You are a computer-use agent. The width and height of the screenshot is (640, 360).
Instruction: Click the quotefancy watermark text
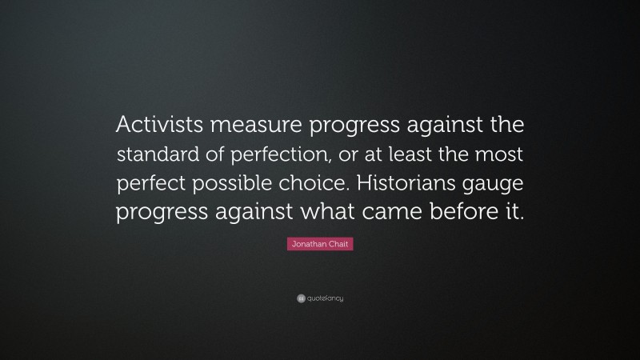tap(325, 298)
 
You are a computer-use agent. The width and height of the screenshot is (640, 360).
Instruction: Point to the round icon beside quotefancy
tap(300, 298)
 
